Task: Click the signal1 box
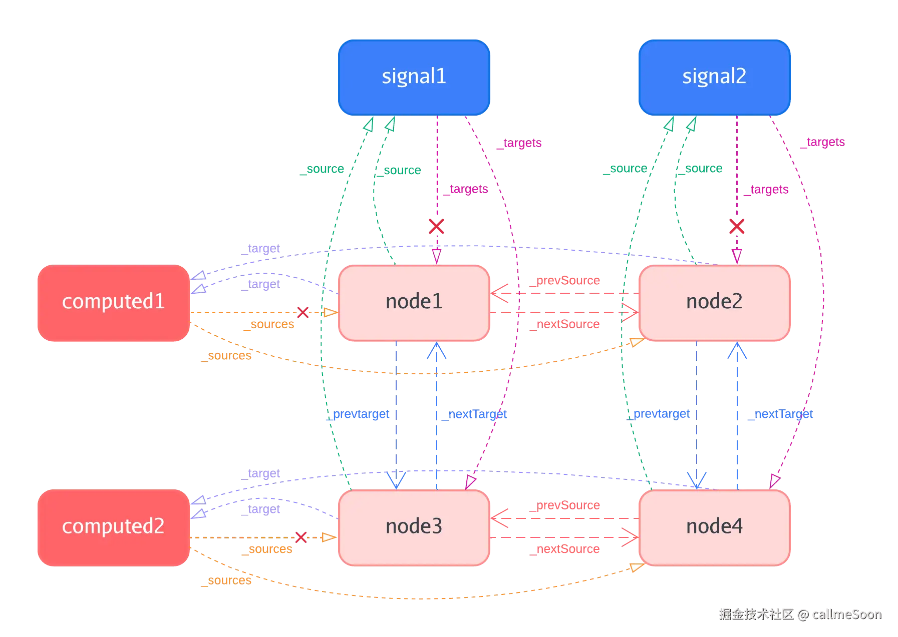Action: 414,77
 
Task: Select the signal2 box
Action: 714,77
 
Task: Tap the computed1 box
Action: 113,302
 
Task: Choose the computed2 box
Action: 113,527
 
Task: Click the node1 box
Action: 414,302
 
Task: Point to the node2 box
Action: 714,302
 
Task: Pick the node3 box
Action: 414,527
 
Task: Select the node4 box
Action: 714,527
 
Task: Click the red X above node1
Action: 436,226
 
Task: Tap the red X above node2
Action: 736,226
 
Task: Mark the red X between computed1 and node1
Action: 303,312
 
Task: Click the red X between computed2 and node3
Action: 301,537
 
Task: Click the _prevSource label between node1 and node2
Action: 567,281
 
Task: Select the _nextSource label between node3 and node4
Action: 567,549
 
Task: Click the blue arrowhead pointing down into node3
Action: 396,480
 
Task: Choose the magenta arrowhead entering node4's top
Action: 774,481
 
